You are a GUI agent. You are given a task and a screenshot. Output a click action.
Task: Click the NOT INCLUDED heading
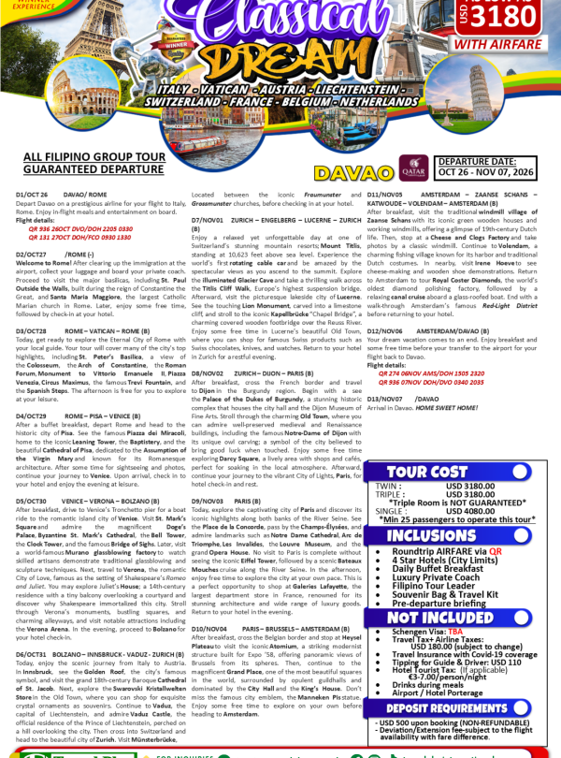click(427, 619)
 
